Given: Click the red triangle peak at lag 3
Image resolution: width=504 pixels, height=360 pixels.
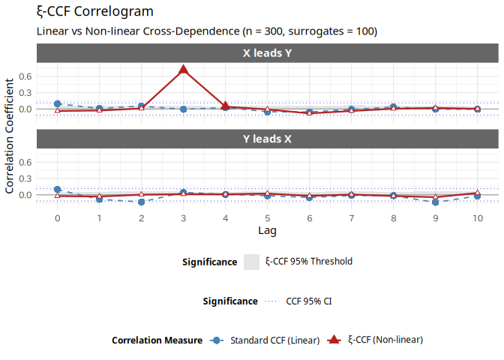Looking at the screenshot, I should (x=183, y=70).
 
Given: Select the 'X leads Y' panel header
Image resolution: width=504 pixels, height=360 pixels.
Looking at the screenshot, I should (x=267, y=53).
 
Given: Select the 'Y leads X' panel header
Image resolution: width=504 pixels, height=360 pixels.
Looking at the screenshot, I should (x=267, y=139).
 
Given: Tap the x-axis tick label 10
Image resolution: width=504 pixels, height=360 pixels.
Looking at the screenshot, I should (x=477, y=217).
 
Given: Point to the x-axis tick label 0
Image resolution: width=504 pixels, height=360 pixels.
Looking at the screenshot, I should (x=57, y=217).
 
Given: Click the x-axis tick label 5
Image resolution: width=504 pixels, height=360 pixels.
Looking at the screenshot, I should (x=267, y=217).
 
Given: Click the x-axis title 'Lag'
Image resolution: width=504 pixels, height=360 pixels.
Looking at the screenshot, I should (x=267, y=229).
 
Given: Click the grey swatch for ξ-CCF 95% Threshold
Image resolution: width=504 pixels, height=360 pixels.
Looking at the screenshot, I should (x=251, y=262).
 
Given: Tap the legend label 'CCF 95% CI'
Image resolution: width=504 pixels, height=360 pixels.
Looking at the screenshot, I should (x=309, y=301).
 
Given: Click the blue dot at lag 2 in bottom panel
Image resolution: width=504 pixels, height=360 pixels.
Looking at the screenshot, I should (x=141, y=202).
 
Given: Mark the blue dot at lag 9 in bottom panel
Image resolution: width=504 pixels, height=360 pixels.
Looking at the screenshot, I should (x=435, y=202).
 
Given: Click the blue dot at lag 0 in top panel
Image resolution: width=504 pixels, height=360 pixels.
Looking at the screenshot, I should (x=57, y=103).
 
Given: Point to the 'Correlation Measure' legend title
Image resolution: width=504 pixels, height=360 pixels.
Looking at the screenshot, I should (x=157, y=340).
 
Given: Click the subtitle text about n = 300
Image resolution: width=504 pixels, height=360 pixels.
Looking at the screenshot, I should (x=206, y=31).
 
